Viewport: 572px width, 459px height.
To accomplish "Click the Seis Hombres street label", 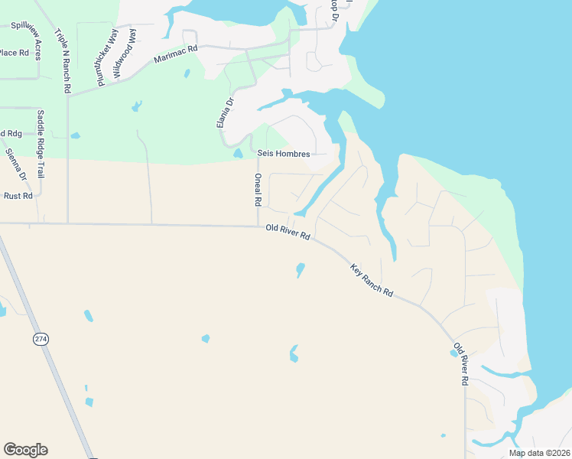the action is tap(284, 154).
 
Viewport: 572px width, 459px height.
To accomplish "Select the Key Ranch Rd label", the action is tap(372, 281).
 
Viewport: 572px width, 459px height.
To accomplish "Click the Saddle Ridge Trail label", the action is tap(41, 145).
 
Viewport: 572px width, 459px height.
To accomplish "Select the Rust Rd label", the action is tap(18, 196).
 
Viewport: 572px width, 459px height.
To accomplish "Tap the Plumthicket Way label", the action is tap(101, 54).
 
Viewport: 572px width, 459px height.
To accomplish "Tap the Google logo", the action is tap(25, 450).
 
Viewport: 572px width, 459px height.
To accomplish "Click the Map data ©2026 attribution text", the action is tap(538, 453).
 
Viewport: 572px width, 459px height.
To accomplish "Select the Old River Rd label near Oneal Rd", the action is tap(288, 232).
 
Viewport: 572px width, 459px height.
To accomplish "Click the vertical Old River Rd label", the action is tap(460, 363).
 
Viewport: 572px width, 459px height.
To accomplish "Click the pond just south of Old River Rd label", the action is tap(300, 270).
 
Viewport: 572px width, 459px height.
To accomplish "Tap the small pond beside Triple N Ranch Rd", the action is tap(75, 135).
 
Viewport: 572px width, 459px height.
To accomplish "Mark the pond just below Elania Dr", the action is tap(238, 153).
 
